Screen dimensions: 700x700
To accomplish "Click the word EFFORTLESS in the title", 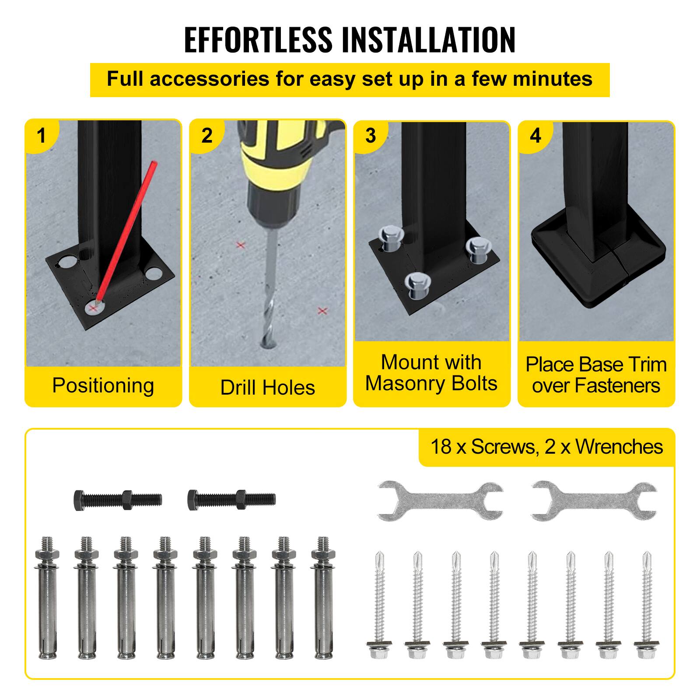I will pos(258,40).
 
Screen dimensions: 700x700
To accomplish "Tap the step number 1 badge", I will pos(42,135).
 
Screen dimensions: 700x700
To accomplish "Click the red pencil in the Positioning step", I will pos(127,227).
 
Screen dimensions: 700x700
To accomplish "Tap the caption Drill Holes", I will pos(267,388).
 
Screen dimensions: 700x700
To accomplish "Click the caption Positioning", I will pos(103,385).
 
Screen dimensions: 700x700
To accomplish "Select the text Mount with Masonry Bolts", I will pos(431,373).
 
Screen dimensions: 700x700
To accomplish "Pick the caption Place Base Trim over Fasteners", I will pos(596,375).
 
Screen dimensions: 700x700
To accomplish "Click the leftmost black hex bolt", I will pos(118,499).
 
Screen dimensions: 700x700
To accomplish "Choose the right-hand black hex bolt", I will pos(231,499).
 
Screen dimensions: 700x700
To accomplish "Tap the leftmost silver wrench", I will pos(440,501).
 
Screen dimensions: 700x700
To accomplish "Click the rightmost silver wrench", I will pos(594,501).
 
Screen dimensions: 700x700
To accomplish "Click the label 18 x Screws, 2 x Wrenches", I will pos(546,447).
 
